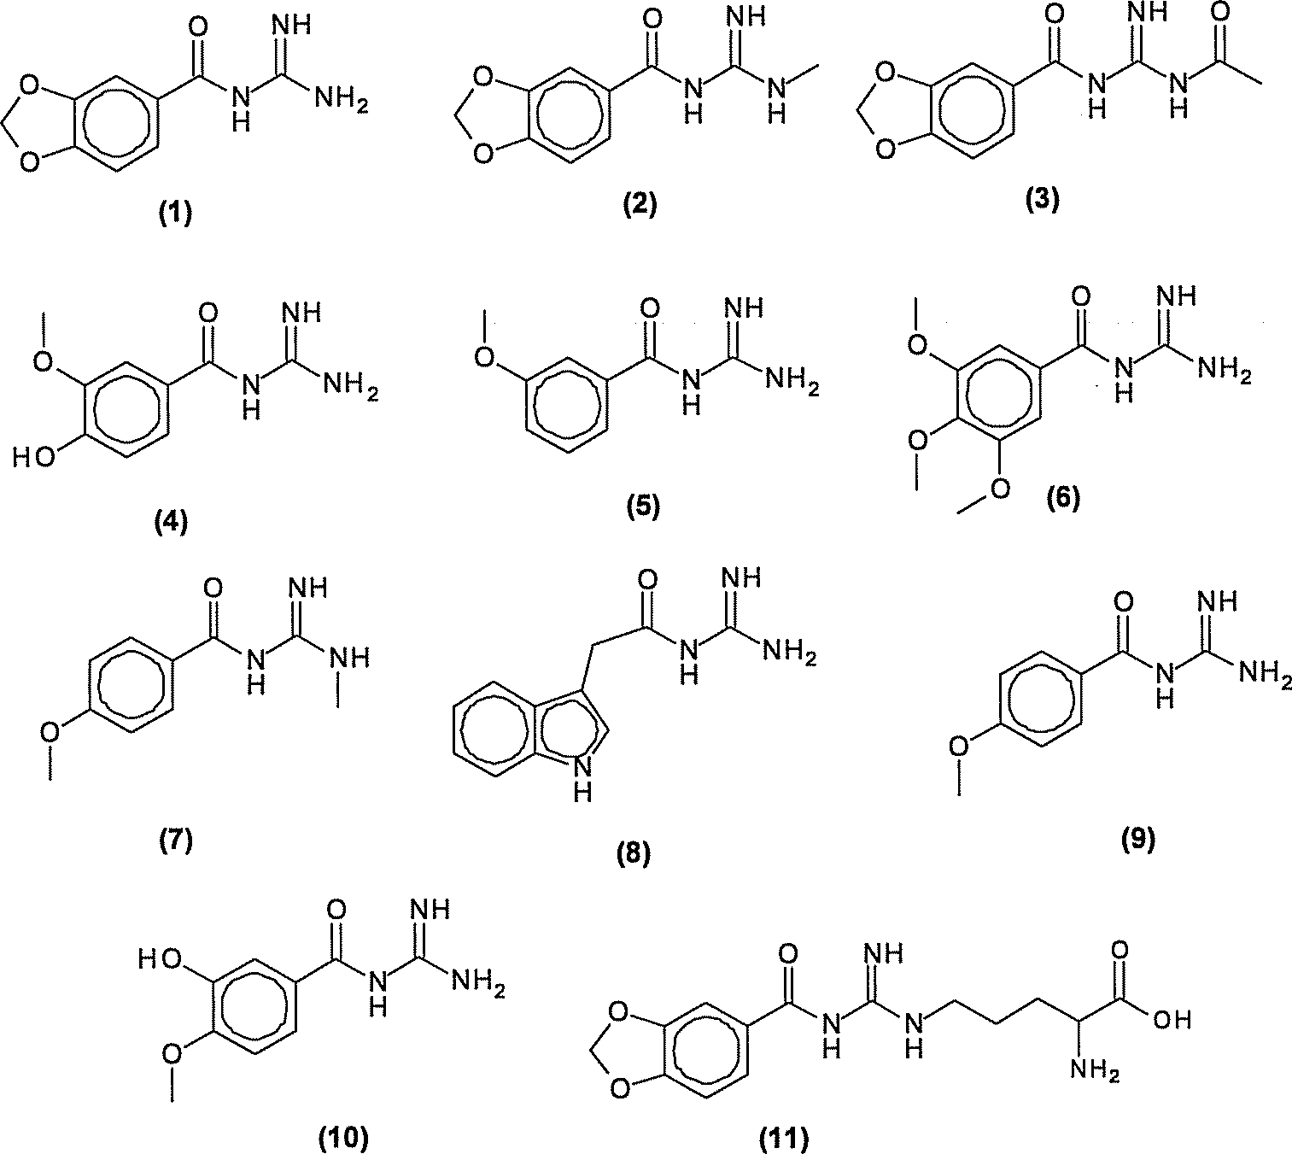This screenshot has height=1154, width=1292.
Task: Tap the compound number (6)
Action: (x=1063, y=498)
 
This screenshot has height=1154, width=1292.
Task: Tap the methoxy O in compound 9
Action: (x=960, y=746)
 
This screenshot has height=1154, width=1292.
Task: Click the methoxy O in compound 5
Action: (x=484, y=355)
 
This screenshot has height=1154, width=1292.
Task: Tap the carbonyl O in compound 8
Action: (x=647, y=581)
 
